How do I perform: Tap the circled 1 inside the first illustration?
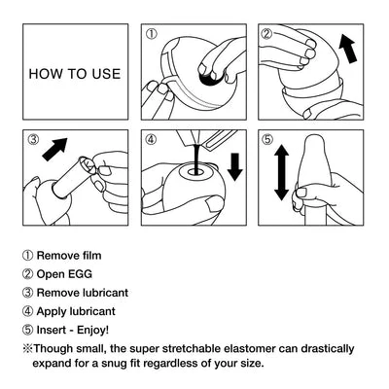[151, 35]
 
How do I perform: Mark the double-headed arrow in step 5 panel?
[281, 174]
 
